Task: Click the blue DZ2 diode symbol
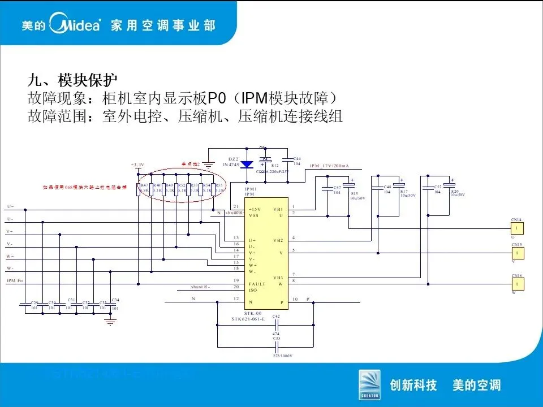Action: pyautogui.click(x=247, y=165)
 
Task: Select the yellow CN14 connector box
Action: pyautogui.click(x=516, y=228)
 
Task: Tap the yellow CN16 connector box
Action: pyautogui.click(x=516, y=284)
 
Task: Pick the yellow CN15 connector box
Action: pyautogui.click(x=516, y=253)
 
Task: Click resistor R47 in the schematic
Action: pyautogui.click(x=139, y=189)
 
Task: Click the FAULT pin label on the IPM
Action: pyautogui.click(x=257, y=284)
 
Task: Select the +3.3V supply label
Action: pyautogui.click(x=137, y=165)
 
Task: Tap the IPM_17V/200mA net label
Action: pyautogui.click(x=330, y=166)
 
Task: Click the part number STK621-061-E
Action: pyautogui.click(x=248, y=319)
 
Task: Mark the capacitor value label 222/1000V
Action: pyautogui.click(x=282, y=356)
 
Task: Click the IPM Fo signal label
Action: pyautogui.click(x=15, y=281)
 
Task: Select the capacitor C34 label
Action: pyautogui.click(x=115, y=300)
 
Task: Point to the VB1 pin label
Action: pyautogui.click(x=278, y=209)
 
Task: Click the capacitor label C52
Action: pyautogui.click(x=437, y=187)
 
